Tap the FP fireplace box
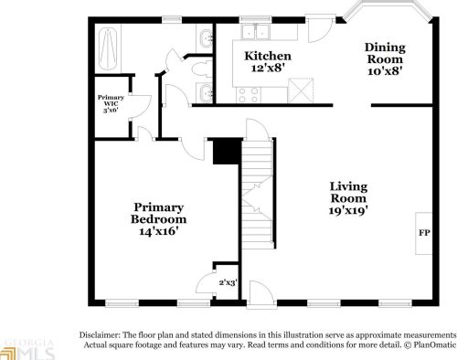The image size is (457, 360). tap(424, 234)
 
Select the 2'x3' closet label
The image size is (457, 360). tap(226, 282)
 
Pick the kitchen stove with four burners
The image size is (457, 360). tap(249, 92)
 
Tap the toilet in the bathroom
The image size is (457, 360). tap(203, 37)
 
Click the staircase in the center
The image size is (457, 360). tap(258, 197)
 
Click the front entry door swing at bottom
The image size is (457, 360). tap(259, 293)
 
